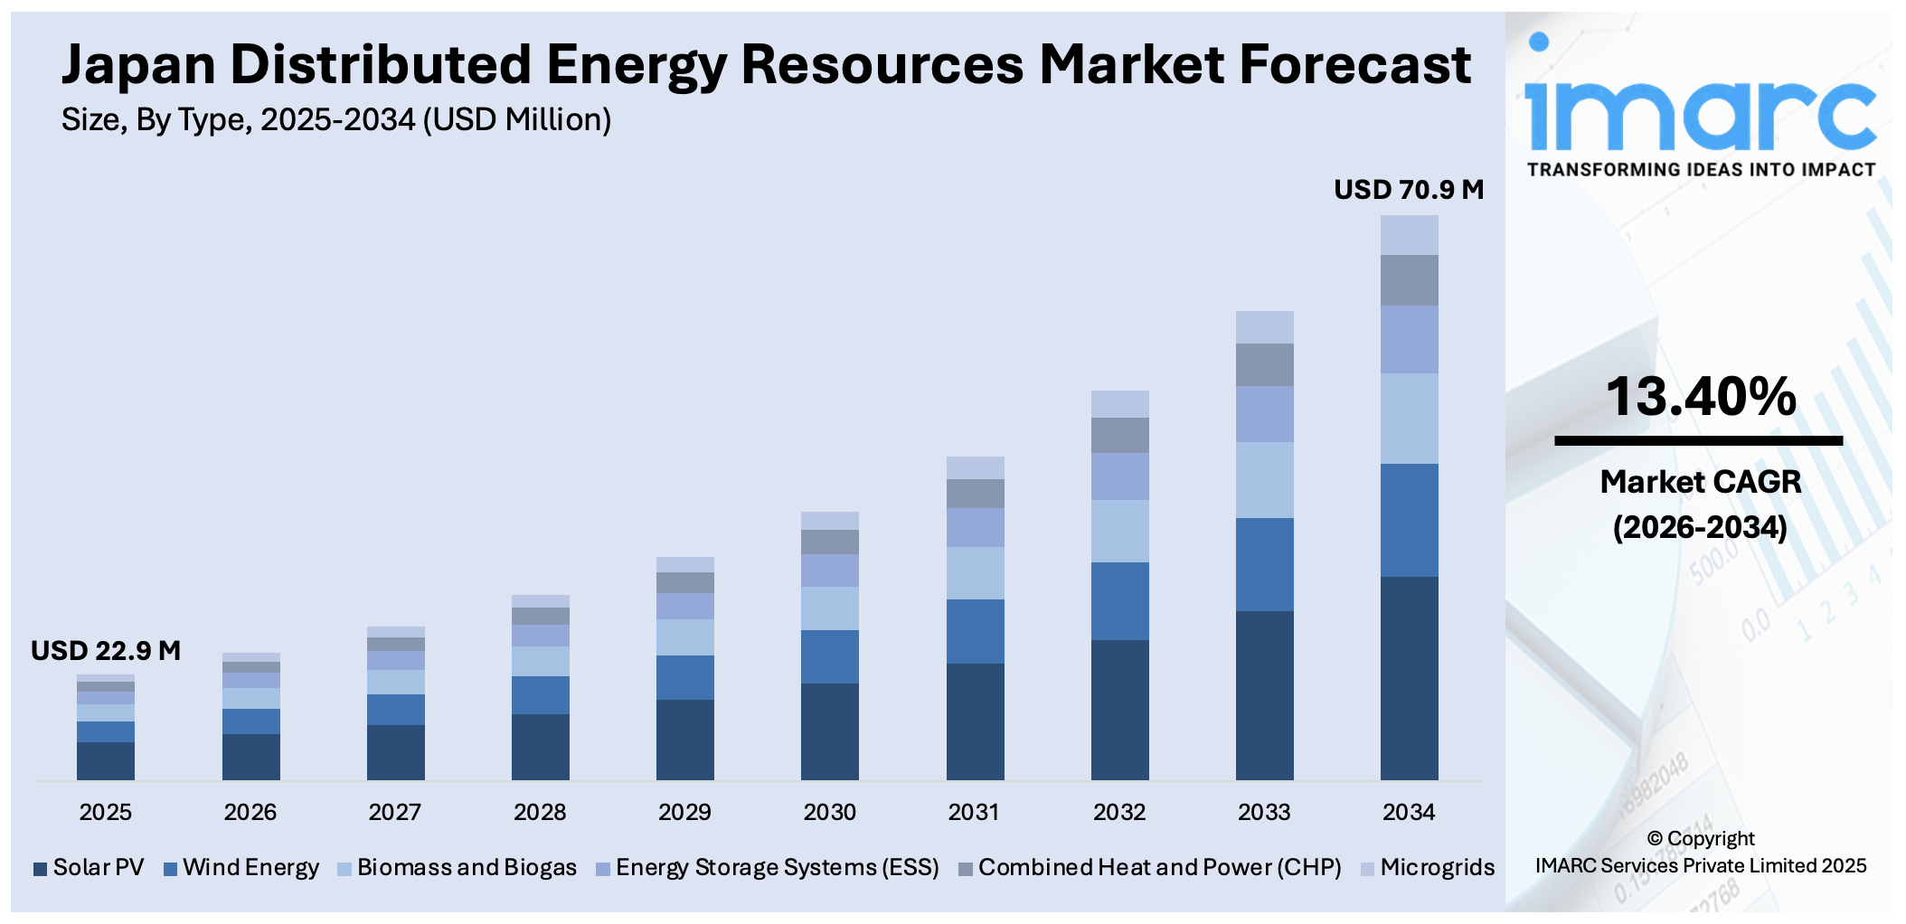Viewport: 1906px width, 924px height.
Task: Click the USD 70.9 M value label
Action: coord(1408,190)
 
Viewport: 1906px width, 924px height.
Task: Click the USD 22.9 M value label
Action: coord(106,651)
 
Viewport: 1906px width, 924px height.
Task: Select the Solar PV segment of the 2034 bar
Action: coord(1409,678)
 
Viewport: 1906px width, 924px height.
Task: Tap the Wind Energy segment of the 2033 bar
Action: coord(1264,564)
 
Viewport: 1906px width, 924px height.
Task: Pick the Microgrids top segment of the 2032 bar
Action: coord(1119,404)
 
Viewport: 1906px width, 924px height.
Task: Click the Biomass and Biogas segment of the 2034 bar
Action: coord(1409,419)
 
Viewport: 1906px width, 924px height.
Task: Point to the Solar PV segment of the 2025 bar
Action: coord(106,760)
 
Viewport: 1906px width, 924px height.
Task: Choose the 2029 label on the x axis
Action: coord(684,812)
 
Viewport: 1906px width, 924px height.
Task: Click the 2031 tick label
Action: coord(974,812)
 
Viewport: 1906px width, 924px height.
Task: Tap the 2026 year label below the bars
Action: coord(250,812)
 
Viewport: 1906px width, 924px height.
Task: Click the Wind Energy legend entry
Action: coord(241,868)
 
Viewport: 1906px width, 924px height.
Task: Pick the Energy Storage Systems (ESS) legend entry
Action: coord(768,868)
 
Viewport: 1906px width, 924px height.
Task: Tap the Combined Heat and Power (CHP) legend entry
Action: coord(1150,868)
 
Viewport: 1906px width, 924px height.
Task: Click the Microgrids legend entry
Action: coord(1429,868)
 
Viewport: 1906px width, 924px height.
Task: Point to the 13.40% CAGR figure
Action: coord(1700,398)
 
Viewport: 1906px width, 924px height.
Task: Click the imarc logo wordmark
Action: coord(1700,113)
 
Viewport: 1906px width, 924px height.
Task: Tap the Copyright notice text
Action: coord(1700,852)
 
